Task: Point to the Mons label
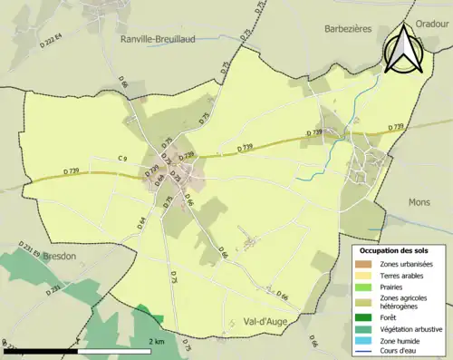click(419, 202)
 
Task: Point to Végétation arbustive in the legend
click(410, 328)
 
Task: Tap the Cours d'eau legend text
click(400, 350)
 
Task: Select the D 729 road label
click(152, 170)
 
